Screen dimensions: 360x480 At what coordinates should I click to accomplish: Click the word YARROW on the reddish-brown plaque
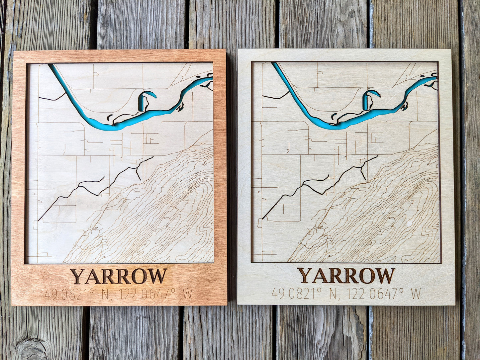pyautogui.click(x=119, y=276)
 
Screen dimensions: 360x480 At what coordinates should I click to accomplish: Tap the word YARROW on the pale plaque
pyautogui.click(x=346, y=276)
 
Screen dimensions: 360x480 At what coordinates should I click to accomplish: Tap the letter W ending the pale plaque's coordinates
pyautogui.click(x=416, y=294)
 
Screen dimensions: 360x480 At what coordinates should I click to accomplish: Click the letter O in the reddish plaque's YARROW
pyautogui.click(x=139, y=276)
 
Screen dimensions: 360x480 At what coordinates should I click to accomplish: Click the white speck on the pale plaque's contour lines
pyautogui.click(x=409, y=222)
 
